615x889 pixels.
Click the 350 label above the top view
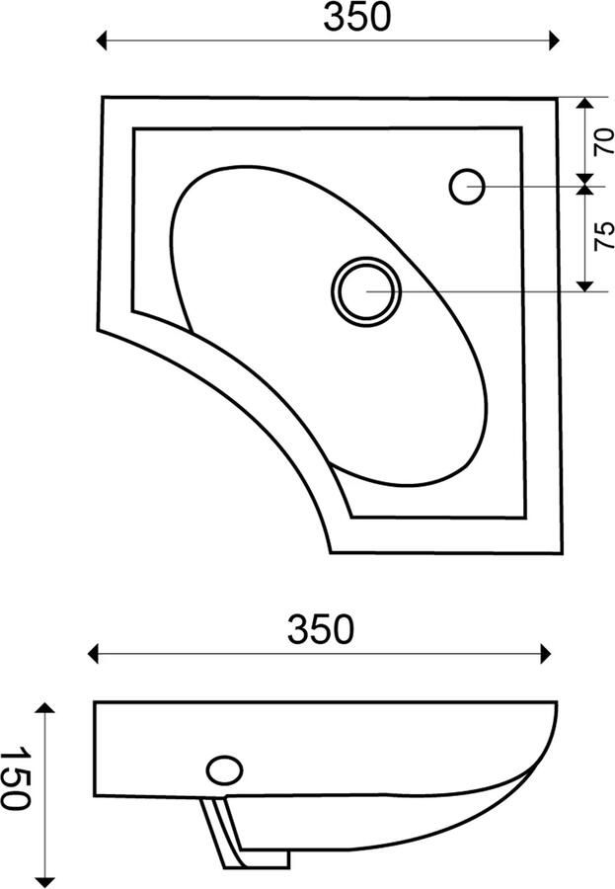[356, 18]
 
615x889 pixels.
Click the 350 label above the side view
[321, 629]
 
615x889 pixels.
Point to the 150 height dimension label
[15, 778]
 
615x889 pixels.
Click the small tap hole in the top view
[467, 187]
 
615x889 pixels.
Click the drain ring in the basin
[366, 291]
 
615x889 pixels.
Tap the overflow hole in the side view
[224, 771]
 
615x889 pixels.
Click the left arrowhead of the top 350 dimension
[102, 40]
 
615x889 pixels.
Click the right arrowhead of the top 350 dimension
[555, 40]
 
